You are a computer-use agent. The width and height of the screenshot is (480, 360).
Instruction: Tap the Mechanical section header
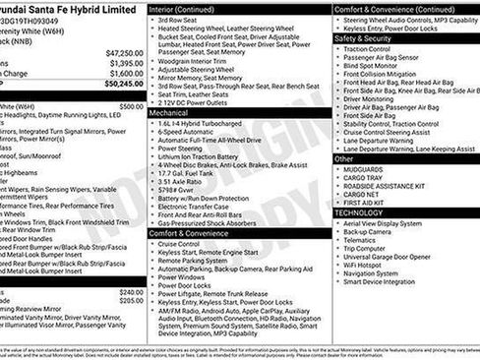[x=169, y=113]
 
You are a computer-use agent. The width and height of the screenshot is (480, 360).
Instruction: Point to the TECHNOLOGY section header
[x=360, y=212]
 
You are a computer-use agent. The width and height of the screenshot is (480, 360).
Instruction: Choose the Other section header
[x=344, y=157]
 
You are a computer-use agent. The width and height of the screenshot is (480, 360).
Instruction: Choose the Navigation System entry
[x=378, y=273]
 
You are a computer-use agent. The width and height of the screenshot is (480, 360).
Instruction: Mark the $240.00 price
[x=131, y=292]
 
